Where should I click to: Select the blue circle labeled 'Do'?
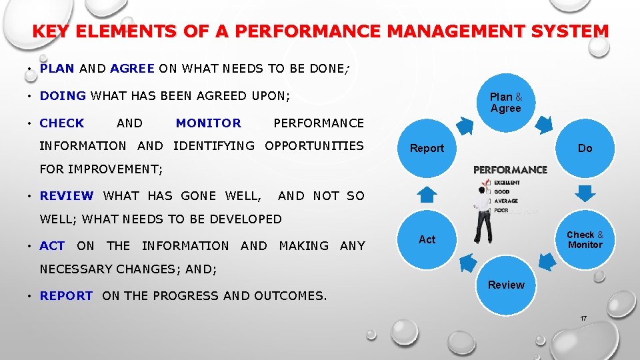point(585,148)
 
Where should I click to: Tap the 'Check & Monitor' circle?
point(585,239)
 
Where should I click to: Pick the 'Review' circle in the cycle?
point(505,285)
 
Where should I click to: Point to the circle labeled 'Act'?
point(427,239)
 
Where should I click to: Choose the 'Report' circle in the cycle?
point(427,148)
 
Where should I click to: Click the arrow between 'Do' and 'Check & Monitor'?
point(585,194)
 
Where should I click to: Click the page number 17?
point(583,319)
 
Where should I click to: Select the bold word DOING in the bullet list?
point(63,95)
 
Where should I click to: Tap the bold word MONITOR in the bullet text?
point(208,123)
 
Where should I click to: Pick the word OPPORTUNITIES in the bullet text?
point(314,145)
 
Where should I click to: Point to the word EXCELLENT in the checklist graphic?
point(507,183)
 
